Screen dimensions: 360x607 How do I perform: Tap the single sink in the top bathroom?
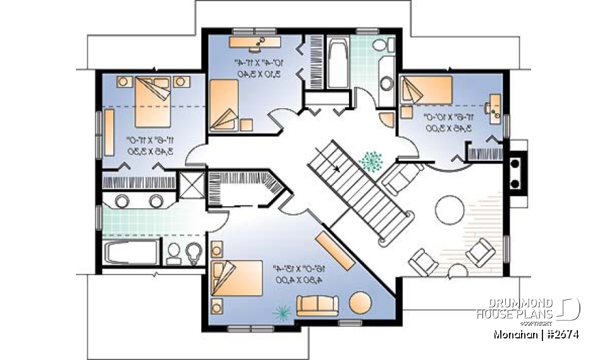point(385,84)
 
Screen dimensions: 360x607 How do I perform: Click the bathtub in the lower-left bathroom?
point(129,254)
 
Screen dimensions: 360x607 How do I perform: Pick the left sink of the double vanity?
point(122,201)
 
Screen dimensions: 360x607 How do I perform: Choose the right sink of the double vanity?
point(156,201)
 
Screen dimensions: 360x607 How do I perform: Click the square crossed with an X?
point(191,184)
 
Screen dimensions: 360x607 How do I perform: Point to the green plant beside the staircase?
point(369,161)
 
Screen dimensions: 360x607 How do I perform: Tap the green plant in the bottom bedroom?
point(281,310)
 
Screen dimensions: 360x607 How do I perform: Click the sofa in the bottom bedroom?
point(317,306)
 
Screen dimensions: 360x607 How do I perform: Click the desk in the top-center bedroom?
point(255,41)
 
